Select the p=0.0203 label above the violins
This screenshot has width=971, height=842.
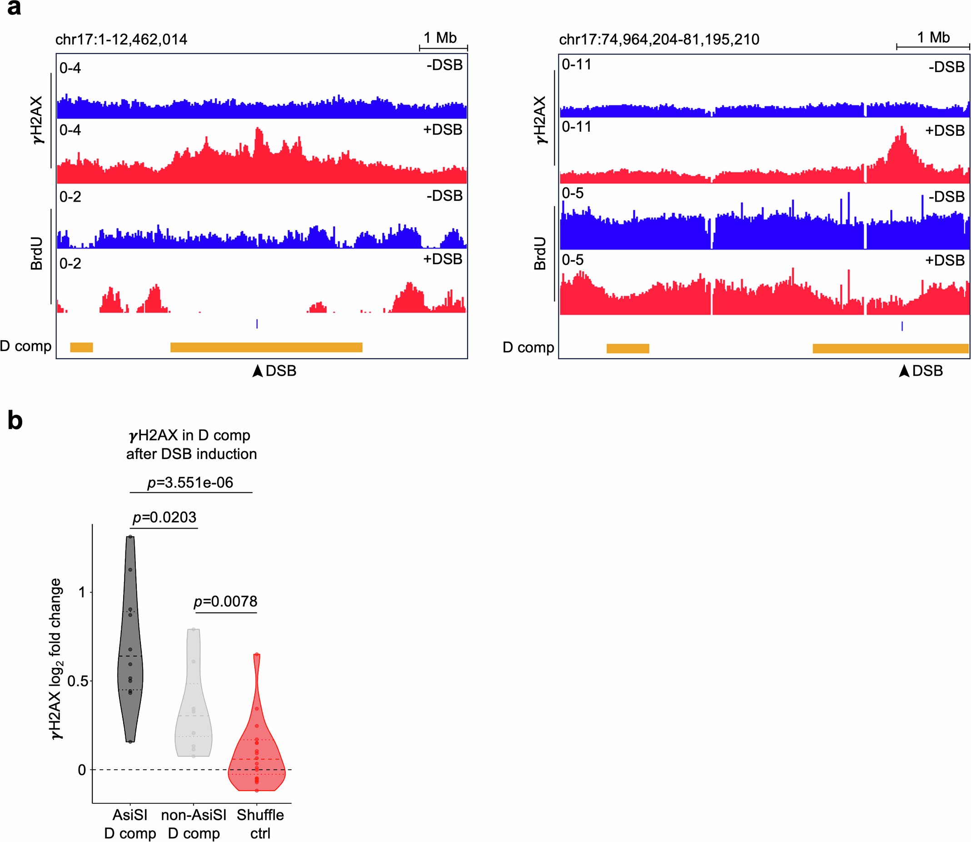(164, 517)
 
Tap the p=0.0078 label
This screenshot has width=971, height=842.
(225, 601)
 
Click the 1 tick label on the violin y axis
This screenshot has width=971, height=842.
(82, 592)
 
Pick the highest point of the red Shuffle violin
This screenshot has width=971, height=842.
(257, 654)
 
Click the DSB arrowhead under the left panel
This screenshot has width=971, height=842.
(257, 371)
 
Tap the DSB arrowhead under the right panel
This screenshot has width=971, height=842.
(904, 371)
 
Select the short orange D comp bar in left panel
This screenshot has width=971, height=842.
(81, 347)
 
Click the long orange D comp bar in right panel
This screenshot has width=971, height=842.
(890, 348)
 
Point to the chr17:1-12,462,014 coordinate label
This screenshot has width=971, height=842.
(121, 40)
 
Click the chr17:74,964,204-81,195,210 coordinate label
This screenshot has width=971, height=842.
(659, 40)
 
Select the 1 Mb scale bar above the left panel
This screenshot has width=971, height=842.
(443, 47)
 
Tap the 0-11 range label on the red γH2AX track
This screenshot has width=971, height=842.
(577, 127)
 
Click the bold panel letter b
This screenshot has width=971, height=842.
(15, 420)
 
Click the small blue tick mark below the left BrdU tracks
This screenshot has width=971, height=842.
(257, 324)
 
